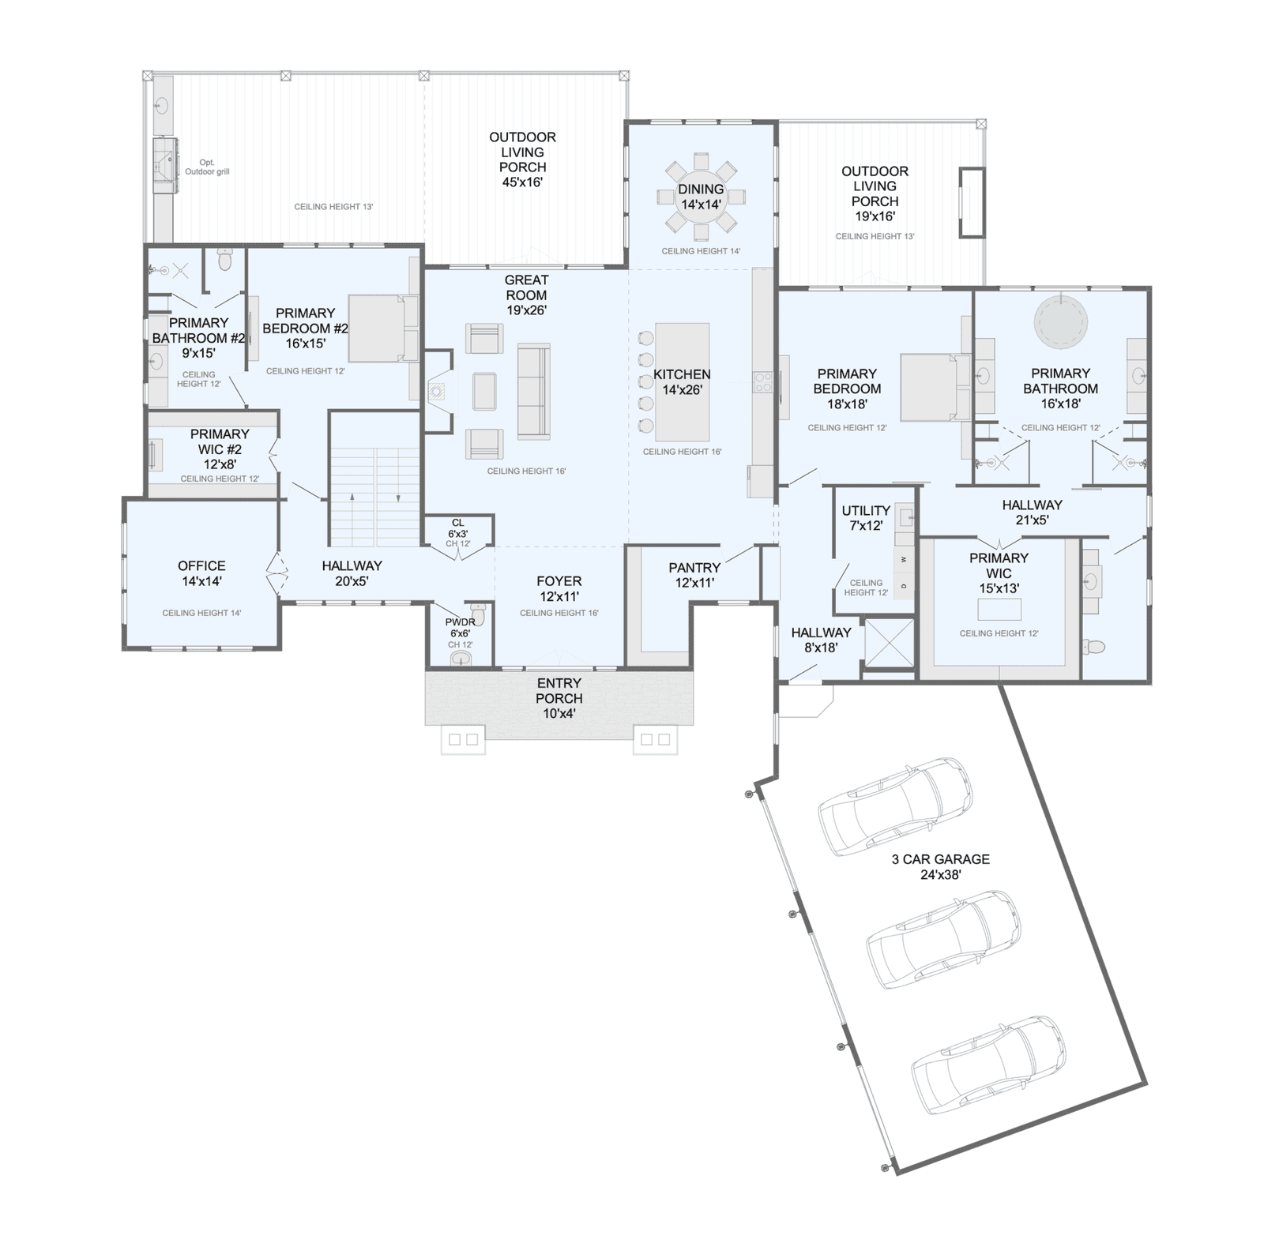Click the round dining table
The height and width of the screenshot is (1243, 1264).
coord(701,197)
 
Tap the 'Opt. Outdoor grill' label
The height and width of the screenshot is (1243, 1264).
coord(207,167)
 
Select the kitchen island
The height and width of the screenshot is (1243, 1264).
coord(683,381)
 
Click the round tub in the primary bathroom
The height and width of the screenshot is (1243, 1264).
coord(1061,322)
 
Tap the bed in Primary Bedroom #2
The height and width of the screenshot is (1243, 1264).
coord(382,328)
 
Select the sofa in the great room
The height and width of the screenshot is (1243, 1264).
coord(534,391)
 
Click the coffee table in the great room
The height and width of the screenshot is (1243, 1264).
coord(484,391)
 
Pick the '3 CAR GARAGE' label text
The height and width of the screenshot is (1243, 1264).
coord(940,858)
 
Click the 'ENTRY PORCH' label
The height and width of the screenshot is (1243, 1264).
coord(559,690)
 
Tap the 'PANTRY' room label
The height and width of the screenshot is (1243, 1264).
coord(694,567)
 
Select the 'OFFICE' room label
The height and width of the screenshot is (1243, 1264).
coord(201,565)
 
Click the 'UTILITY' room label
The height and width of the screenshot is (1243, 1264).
coord(866,510)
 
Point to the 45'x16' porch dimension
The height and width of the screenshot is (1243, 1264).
coord(522,182)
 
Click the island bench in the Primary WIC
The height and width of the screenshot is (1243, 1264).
coord(999,609)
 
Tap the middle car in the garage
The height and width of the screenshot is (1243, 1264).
coord(943,940)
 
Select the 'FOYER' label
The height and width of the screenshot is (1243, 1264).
coord(559,581)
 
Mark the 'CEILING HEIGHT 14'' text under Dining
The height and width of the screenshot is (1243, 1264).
coord(701,251)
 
